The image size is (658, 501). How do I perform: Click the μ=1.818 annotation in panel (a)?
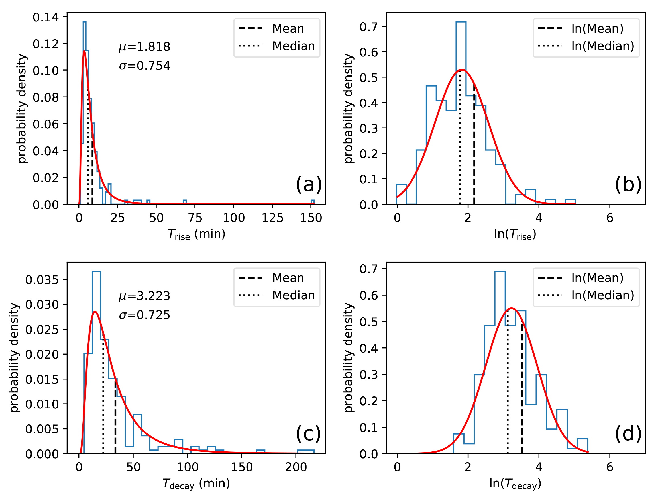pyautogui.click(x=144, y=47)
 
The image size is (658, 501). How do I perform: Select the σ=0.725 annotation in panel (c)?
pyautogui.click(x=144, y=315)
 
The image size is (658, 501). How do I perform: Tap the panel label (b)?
pyautogui.click(x=628, y=184)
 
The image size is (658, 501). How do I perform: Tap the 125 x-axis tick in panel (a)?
pyautogui.click(x=272, y=218)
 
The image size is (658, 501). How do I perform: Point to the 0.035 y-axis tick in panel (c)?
pyautogui.click(x=42, y=280)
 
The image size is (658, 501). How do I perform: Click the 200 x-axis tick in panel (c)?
pyautogui.click(x=296, y=467)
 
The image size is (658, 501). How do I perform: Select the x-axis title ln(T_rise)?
pyautogui.click(x=515, y=234)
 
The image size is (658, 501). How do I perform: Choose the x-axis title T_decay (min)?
pyautogui.click(x=196, y=484)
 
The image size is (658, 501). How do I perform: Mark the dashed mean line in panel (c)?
pyautogui.click(x=115, y=418)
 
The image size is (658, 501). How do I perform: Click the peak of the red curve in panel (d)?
pyautogui.click(x=512, y=308)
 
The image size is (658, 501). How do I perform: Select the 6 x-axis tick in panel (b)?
pyautogui.click(x=610, y=218)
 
